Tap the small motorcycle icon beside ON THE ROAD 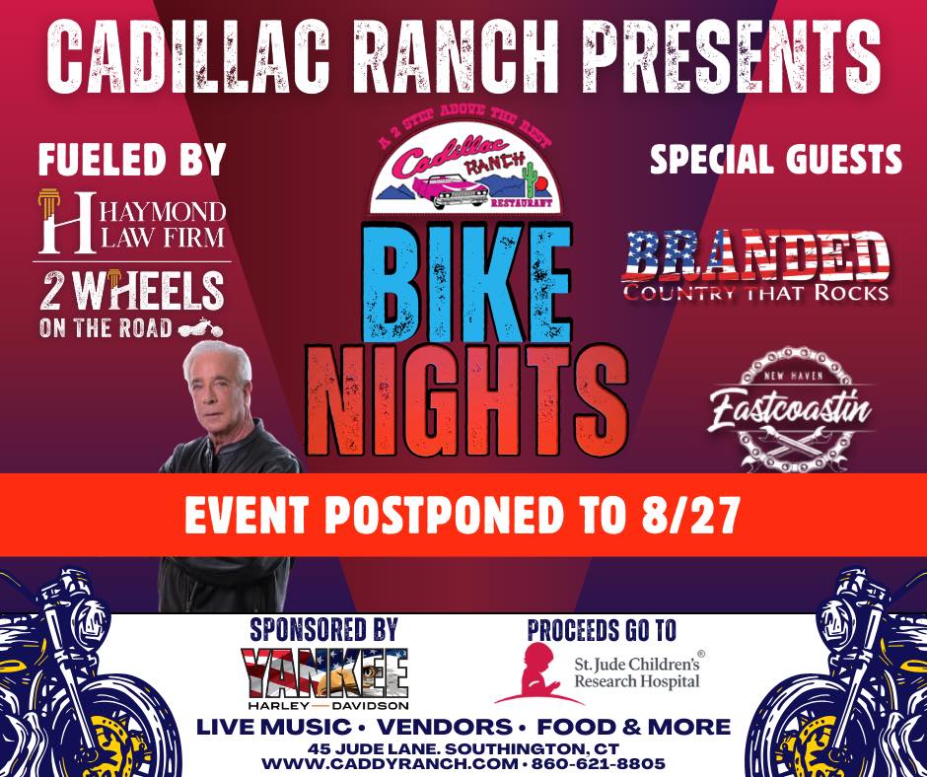tap(203, 328)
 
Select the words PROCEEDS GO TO tap(603, 629)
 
